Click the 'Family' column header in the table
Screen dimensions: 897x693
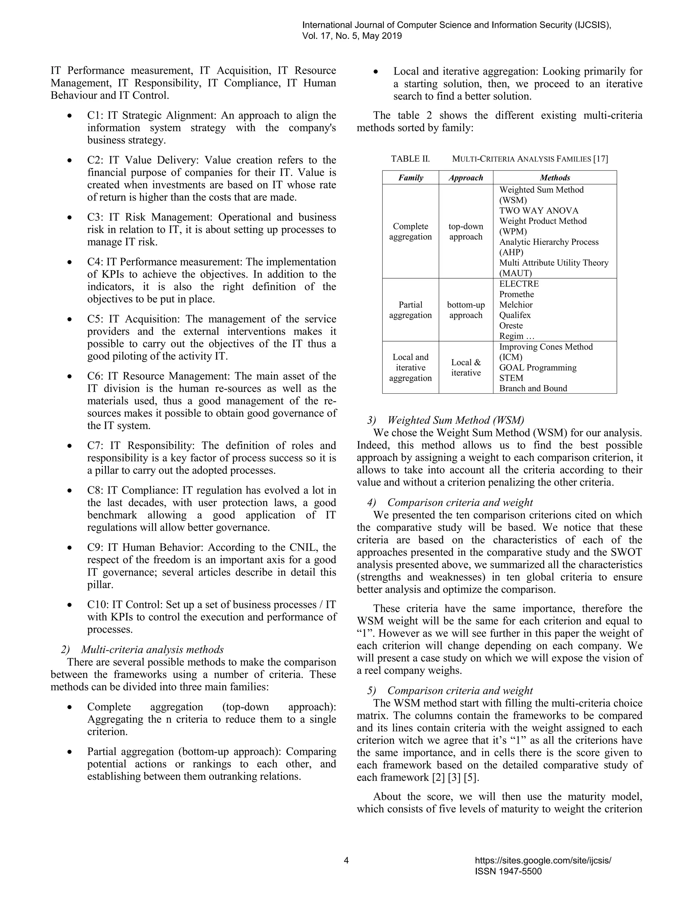tap(410, 178)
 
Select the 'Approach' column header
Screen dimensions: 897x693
tap(466, 178)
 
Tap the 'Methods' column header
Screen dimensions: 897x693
tap(555, 178)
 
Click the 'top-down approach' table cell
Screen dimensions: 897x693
tap(466, 232)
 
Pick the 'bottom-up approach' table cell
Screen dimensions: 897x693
tap(466, 310)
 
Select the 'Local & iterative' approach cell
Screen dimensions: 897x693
tap(466, 368)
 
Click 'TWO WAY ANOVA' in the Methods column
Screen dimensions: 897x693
tap(539, 211)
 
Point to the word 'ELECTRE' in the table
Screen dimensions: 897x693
tap(519, 284)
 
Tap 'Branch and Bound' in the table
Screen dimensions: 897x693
tap(533, 389)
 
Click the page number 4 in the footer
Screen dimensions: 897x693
tap(346, 860)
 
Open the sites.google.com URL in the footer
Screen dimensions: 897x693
tap(543, 860)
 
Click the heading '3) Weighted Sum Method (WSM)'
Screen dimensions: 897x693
tap(445, 420)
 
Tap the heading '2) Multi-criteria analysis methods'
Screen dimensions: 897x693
tap(142, 649)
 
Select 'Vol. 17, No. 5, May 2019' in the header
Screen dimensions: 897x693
tap(352, 36)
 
